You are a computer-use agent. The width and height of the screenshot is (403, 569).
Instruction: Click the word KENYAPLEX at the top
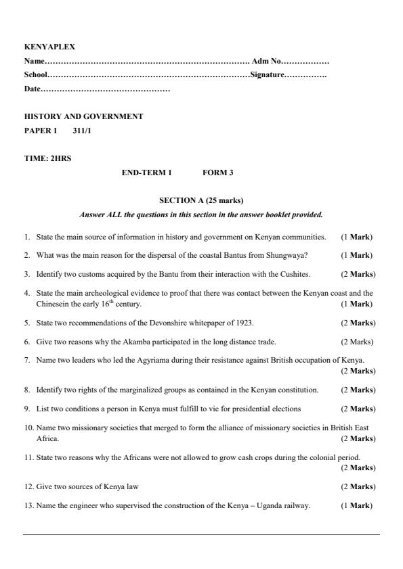pyautogui.click(x=49, y=47)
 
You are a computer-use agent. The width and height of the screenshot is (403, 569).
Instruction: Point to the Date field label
pyautogui.click(x=32, y=89)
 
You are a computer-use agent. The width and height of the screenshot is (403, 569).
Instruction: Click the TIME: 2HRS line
pyautogui.click(x=47, y=158)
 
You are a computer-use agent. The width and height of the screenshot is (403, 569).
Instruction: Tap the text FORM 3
pyautogui.click(x=217, y=173)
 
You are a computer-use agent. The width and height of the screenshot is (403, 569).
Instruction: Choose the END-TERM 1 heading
pyautogui.click(x=146, y=173)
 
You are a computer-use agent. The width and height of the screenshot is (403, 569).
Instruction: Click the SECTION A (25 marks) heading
pyautogui.click(x=201, y=201)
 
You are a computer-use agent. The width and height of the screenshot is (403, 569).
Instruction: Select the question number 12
pyautogui.click(x=28, y=487)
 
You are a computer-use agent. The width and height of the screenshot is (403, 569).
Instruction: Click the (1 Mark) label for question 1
pyautogui.click(x=357, y=237)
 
